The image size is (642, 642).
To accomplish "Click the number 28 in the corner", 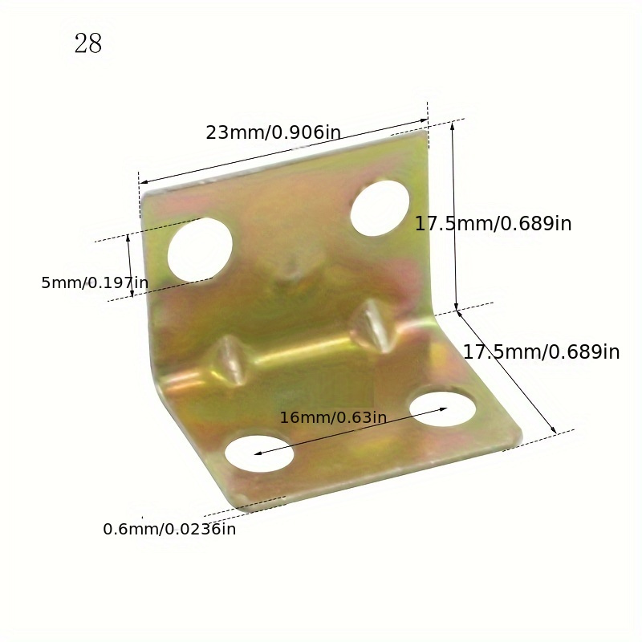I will click(x=88, y=43).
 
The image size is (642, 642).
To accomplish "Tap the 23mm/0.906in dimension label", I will click(x=274, y=132).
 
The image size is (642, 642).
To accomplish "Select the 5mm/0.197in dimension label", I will click(x=95, y=282).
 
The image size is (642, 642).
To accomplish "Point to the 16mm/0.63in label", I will click(x=333, y=417).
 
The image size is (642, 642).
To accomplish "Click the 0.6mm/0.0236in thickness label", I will click(x=169, y=529).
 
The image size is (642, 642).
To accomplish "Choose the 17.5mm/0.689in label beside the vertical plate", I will click(x=493, y=224).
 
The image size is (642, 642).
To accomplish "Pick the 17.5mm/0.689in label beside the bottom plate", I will click(x=541, y=351).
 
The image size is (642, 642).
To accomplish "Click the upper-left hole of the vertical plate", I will click(x=200, y=249).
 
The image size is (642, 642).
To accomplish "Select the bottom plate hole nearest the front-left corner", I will click(x=258, y=453).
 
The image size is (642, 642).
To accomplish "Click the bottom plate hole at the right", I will click(x=441, y=408).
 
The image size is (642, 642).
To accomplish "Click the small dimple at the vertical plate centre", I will click(x=290, y=265).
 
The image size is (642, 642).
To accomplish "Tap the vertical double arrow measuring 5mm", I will click(x=130, y=266).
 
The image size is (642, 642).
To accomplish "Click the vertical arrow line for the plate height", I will click(x=455, y=215).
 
